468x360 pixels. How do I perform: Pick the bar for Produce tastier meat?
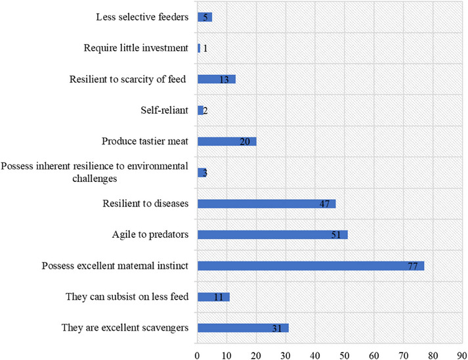[x=226, y=141]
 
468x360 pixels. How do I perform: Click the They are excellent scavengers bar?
[x=243, y=328]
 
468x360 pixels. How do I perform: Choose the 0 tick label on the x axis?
[x=198, y=353]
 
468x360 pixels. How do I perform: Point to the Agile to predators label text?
[x=152, y=235]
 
